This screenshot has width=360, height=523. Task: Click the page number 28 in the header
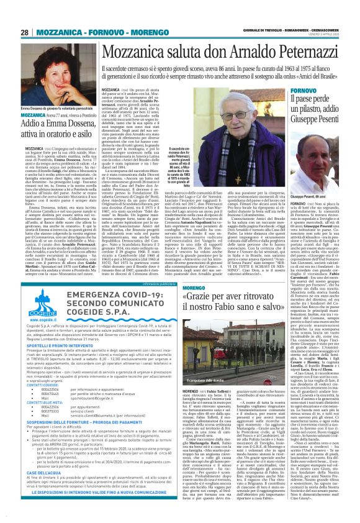[x=24, y=32]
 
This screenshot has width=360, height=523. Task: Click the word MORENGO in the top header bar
[x=135, y=32]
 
